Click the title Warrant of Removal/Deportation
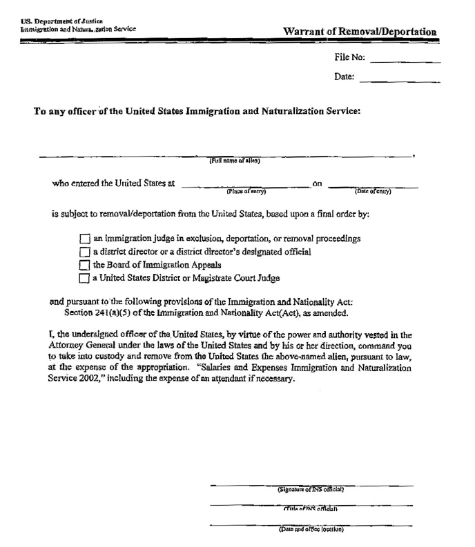point(360,32)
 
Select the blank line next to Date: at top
point(400,81)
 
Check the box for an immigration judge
point(84,240)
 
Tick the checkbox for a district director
point(84,252)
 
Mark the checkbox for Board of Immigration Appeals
point(84,266)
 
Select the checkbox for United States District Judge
point(84,279)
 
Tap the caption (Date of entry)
point(373,191)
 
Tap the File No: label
point(349,59)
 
